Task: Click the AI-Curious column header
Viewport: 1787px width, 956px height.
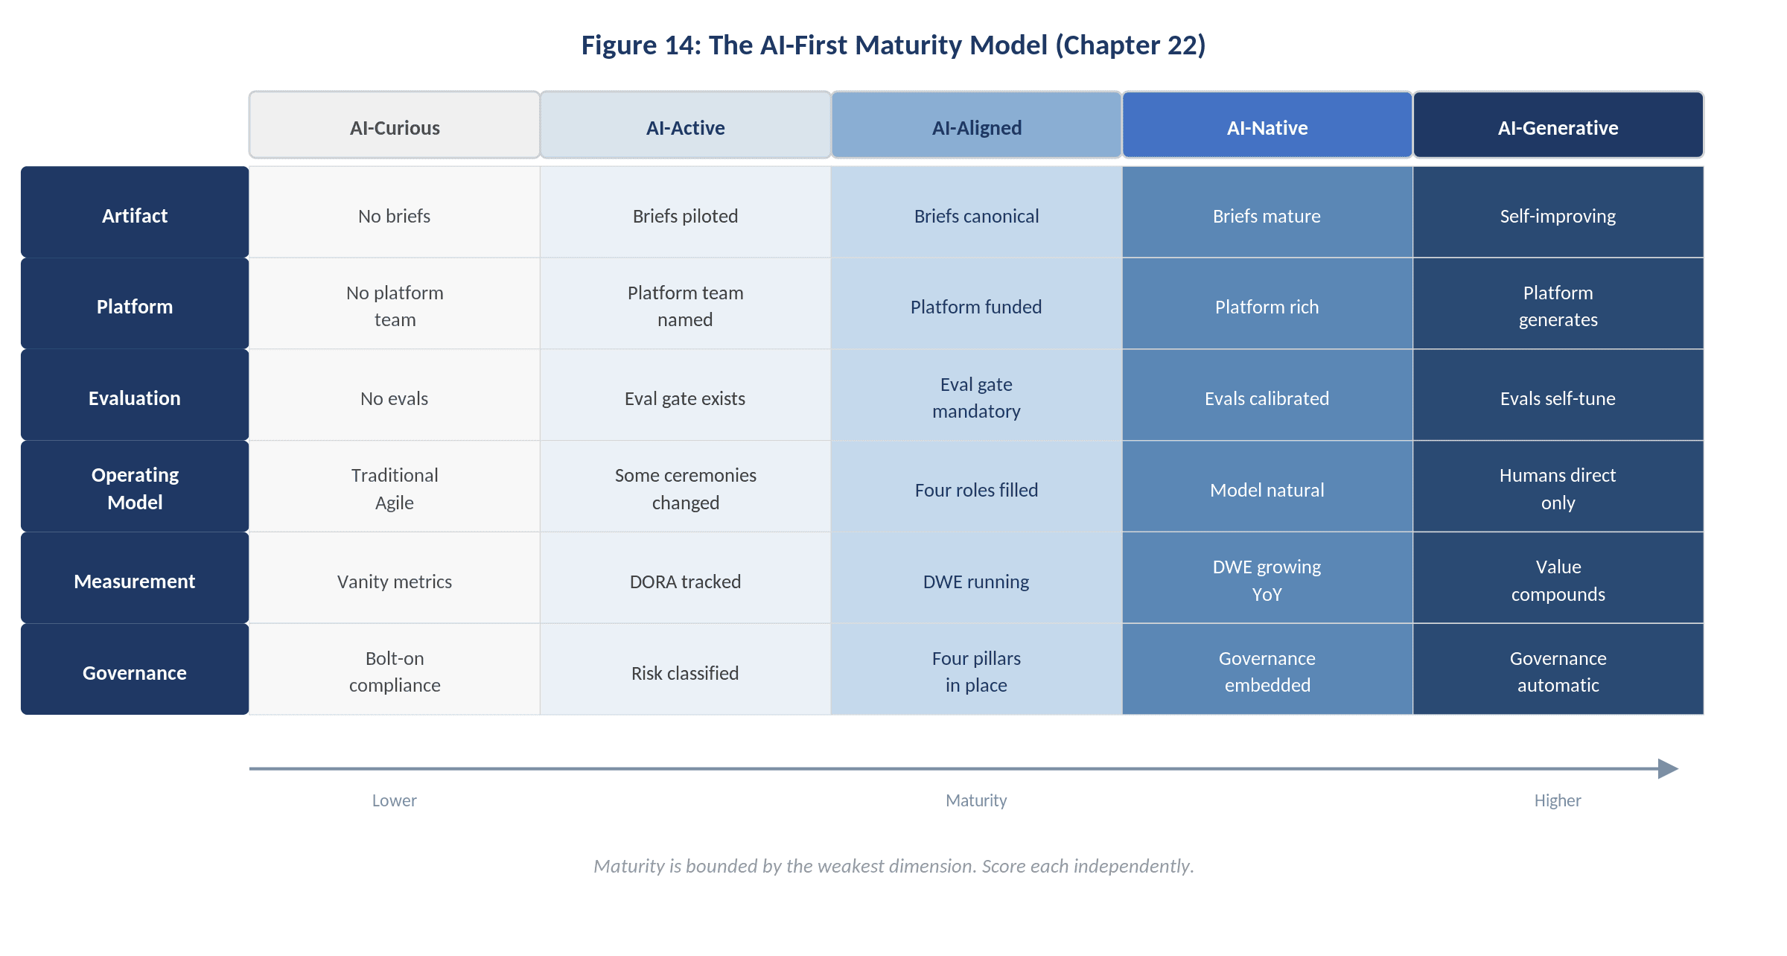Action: coord(395,127)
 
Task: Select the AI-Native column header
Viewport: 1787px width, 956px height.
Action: coord(1267,127)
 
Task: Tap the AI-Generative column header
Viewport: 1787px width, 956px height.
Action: coord(1558,127)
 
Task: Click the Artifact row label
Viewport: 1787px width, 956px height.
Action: coord(135,215)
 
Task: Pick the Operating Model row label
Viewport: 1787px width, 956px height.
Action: coord(135,488)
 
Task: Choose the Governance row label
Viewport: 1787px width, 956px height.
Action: coord(135,672)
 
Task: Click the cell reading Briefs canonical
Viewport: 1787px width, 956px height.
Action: coord(976,216)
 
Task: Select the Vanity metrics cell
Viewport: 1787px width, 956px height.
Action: coord(395,581)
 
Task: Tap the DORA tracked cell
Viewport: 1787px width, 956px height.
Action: coord(685,581)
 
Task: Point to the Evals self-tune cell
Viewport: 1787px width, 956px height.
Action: coord(1558,398)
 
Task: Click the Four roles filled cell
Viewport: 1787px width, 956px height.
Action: coord(976,490)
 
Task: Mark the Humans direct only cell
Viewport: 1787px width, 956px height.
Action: coord(1558,488)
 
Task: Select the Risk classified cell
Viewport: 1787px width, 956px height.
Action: coord(685,673)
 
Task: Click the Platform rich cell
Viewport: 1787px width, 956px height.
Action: coord(1267,307)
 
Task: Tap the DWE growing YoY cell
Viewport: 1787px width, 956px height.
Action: coord(1267,580)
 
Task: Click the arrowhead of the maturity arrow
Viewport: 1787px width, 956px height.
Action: coord(1668,768)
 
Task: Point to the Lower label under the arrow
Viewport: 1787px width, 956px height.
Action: coord(395,800)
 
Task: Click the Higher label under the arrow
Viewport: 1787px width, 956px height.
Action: coord(1558,800)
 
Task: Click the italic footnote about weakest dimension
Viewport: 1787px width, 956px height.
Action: coord(893,866)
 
